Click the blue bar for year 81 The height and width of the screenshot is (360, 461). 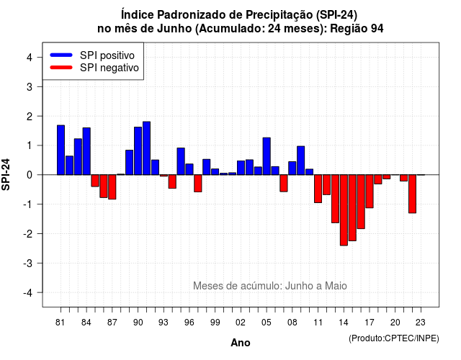tap(61, 150)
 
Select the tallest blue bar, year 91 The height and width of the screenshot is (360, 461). tap(146, 148)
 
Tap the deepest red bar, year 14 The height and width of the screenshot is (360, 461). tap(344, 210)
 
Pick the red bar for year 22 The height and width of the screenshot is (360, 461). tap(412, 194)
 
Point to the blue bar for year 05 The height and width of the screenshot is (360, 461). tap(267, 156)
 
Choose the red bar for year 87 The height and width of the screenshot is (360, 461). tap(112, 187)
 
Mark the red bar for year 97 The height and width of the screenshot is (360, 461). tap(198, 184)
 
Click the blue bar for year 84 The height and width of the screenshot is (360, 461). tap(86, 151)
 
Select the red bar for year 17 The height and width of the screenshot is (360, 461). tap(370, 192)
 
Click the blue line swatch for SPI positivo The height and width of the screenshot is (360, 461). tap(61, 55)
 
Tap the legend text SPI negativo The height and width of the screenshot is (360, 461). tap(109, 68)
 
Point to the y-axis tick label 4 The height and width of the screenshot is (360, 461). tap(30, 58)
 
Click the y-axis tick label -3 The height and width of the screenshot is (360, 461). tap(27, 264)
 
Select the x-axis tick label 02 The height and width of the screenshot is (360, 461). tap(240, 323)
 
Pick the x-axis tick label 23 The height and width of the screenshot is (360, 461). tap(421, 323)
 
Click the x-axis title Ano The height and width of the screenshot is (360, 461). tap(241, 343)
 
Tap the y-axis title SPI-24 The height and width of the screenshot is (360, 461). tap(6, 174)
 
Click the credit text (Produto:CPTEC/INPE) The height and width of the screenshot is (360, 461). tap(394, 338)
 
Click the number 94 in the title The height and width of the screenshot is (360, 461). tap(377, 29)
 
